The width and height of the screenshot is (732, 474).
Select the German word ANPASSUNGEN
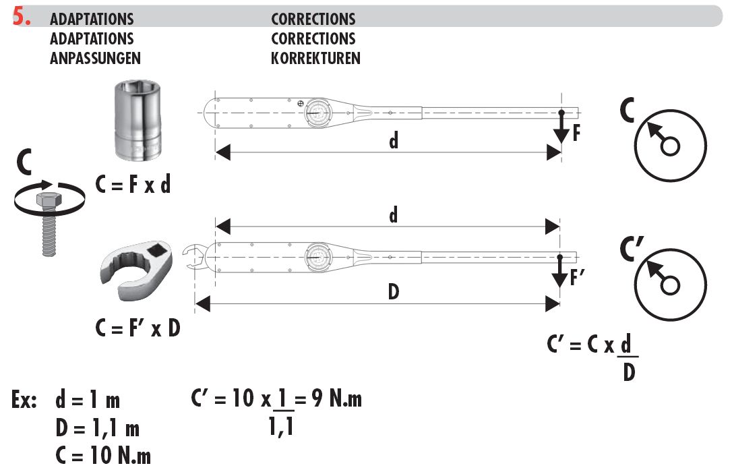(x=95, y=58)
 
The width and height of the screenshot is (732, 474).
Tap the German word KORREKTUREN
(x=315, y=58)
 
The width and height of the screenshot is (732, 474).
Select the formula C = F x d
(x=133, y=185)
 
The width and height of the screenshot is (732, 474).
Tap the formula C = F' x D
(x=138, y=328)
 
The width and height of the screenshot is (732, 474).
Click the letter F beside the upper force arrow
(x=576, y=133)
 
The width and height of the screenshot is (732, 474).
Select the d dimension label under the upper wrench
(x=394, y=141)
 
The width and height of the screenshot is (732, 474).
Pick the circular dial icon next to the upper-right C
(x=671, y=146)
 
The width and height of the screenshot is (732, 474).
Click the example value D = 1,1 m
(x=97, y=427)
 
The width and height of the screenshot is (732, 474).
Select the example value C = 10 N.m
(x=103, y=456)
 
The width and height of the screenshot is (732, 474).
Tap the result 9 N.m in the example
(x=334, y=399)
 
